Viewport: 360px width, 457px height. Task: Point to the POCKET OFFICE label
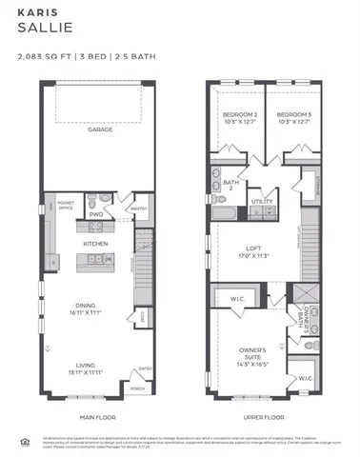pos(66,205)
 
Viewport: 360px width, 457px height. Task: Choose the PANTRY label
pos(136,208)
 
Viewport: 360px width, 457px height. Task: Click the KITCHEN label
pos(95,244)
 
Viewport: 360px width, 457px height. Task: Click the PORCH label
pos(136,387)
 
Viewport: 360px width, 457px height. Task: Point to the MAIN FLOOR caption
pos(98,417)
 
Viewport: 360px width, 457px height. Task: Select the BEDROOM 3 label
pos(292,117)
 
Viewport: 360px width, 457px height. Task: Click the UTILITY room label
pos(262,202)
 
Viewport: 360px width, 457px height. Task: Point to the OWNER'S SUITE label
pos(251,355)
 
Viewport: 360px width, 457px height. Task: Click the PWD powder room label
pos(96,215)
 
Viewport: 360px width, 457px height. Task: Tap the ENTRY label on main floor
pos(145,369)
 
